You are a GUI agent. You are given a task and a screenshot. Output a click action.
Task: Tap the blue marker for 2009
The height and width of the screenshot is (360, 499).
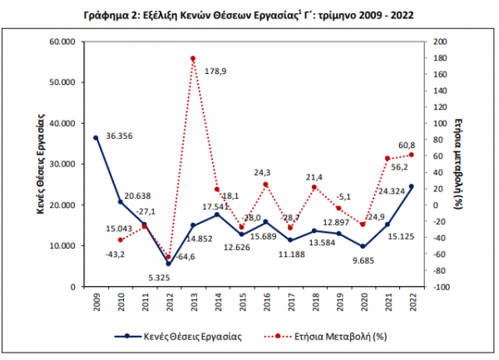[96, 138]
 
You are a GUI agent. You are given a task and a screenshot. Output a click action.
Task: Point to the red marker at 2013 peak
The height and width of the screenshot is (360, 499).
[193, 58]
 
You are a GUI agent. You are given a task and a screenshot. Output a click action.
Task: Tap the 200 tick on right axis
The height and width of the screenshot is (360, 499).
[441, 42]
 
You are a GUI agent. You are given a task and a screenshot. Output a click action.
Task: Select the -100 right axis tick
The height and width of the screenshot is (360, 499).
[442, 287]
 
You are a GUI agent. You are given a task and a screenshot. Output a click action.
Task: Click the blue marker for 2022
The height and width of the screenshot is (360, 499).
[411, 187]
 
